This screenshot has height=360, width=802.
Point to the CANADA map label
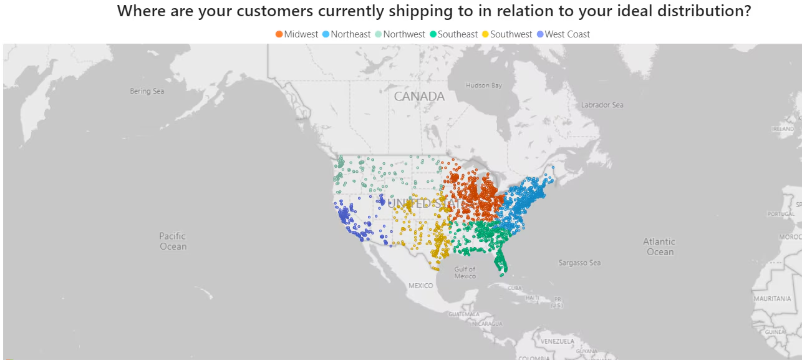coord(419,97)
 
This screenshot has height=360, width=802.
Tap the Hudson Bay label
coord(483,85)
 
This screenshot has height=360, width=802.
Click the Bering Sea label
coord(147,91)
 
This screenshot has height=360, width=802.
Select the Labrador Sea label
coord(602,105)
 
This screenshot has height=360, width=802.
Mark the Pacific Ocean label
coord(173,241)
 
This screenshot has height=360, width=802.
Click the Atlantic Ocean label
coord(659,246)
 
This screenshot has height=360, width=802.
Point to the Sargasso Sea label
coord(579,263)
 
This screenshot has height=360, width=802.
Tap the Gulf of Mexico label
coord(465,273)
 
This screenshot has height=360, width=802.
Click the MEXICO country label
coord(420,285)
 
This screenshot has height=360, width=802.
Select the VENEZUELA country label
coord(558,341)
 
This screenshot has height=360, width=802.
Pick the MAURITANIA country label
coord(772,299)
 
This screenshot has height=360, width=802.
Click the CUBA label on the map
coord(514,288)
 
